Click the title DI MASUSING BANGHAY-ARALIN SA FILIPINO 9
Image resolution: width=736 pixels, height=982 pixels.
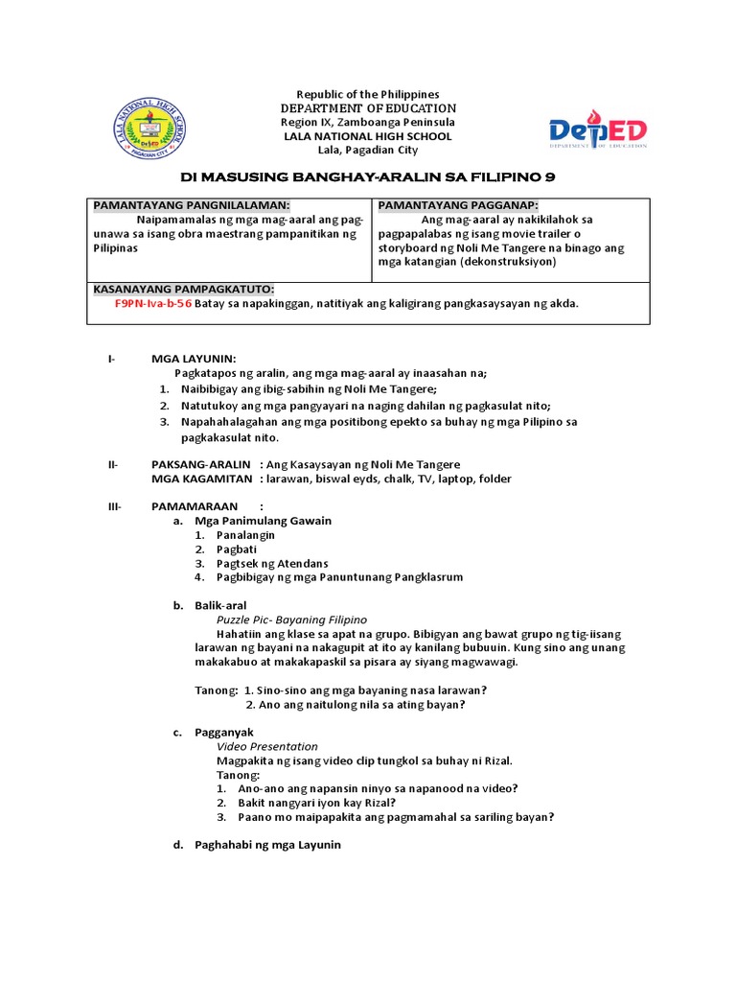pyautogui.click(x=368, y=177)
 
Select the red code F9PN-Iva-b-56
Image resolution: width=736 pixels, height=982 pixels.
pyautogui.click(x=152, y=303)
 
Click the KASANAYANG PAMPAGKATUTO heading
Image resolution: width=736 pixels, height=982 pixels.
pyautogui.click(x=183, y=289)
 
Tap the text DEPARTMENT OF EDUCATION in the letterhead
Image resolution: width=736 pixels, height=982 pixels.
pyautogui.click(x=368, y=108)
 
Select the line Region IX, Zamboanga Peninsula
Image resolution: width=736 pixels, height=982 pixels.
pyautogui.click(x=368, y=123)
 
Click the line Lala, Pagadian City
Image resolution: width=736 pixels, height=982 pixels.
pyautogui.click(x=368, y=151)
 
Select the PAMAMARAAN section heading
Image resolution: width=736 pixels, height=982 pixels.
pyautogui.click(x=194, y=506)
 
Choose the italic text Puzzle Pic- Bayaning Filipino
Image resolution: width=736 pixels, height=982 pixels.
pyautogui.click(x=291, y=620)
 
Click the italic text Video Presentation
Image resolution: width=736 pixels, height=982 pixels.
pyautogui.click(x=267, y=746)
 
